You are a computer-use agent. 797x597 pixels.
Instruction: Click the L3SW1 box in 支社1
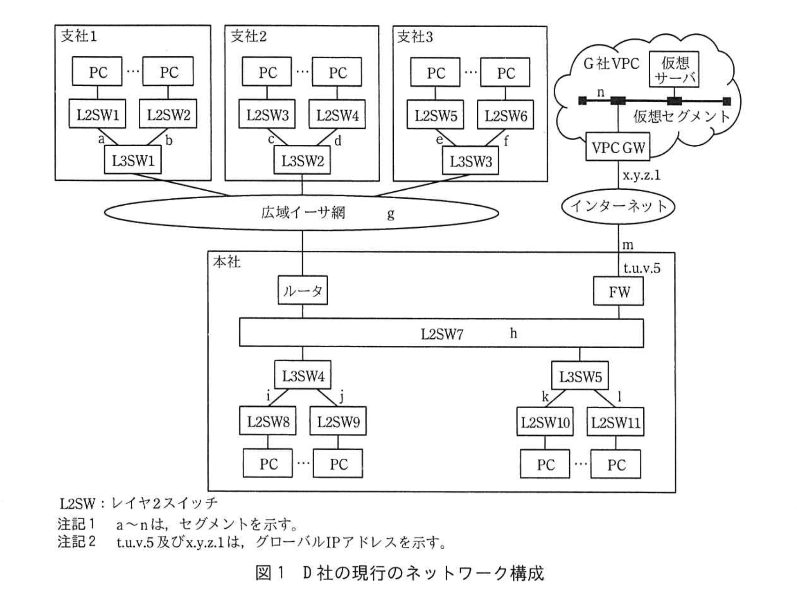tap(133, 161)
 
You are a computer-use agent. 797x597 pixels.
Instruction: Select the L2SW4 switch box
tap(337, 115)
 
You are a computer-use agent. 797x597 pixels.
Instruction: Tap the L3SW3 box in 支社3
tap(470, 162)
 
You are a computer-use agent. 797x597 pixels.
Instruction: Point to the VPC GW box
tap(618, 148)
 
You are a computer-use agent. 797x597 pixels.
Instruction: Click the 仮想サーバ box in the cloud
tap(674, 69)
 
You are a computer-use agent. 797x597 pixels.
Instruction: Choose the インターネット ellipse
tap(618, 206)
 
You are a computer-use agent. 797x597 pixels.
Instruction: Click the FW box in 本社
tap(618, 292)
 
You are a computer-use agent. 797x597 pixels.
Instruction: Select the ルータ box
tap(302, 291)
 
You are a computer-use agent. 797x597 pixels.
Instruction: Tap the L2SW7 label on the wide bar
tap(442, 334)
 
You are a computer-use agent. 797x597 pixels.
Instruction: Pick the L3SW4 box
tap(302, 376)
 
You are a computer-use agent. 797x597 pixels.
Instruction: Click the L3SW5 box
tap(580, 376)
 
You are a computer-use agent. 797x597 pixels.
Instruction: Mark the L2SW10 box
tap(545, 422)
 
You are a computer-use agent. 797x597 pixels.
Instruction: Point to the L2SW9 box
tap(338, 422)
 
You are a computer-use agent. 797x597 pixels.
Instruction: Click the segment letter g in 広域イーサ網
tap(391, 214)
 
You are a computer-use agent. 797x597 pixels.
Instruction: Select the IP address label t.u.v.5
tap(641, 268)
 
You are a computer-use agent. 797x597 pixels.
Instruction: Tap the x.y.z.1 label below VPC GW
tap(641, 176)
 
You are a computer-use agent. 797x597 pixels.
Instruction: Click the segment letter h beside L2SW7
tap(513, 333)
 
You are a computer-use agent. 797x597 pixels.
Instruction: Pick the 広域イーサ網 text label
tap(303, 213)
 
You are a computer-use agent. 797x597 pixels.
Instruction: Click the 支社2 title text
tap(248, 37)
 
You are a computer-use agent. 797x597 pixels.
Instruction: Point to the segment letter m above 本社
tap(628, 245)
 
